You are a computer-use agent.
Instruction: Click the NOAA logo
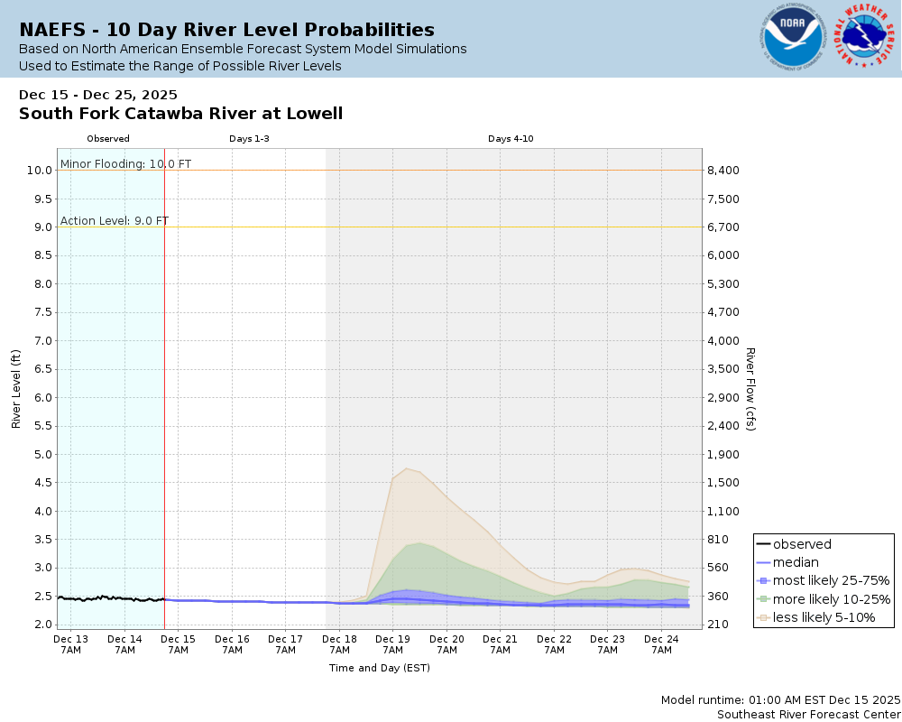[x=792, y=38]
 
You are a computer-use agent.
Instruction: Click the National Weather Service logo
[x=865, y=37]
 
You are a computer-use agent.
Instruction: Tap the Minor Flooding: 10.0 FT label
[x=125, y=164]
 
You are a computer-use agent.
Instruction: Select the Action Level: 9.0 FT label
[x=115, y=221]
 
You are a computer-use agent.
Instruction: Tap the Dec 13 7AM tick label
[x=71, y=644]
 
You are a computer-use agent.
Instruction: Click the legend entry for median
[x=796, y=562]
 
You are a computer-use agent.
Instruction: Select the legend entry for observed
[x=802, y=544]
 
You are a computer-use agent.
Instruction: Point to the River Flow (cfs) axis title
[x=750, y=389]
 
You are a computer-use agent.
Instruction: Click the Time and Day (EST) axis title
[x=379, y=669]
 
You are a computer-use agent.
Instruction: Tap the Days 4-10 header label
[x=511, y=139]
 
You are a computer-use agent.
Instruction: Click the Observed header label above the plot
[x=108, y=139]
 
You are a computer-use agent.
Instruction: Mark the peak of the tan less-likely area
[x=408, y=468]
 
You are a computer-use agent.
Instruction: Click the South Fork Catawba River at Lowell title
[x=180, y=114]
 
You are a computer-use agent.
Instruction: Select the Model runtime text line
[x=780, y=699]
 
